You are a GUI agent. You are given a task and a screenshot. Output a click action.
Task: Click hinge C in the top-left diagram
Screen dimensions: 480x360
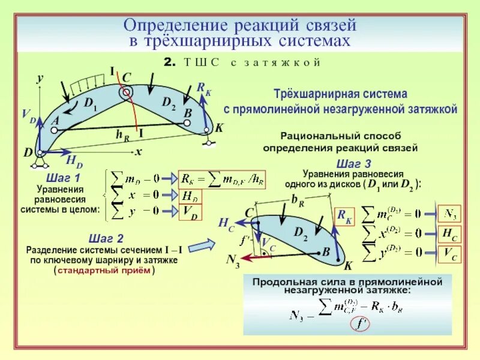(126, 92)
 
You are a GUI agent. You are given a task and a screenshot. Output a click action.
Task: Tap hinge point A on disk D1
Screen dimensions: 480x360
(61, 127)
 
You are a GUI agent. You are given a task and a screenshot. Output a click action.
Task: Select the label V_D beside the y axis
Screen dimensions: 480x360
(28, 116)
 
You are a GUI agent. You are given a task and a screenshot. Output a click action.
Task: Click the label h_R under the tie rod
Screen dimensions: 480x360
(122, 134)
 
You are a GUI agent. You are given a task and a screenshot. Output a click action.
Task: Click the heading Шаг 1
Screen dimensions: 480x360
(62, 179)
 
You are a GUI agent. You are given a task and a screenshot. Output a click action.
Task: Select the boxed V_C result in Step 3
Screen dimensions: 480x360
(449, 254)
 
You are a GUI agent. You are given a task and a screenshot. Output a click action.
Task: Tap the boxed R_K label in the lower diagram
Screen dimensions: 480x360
(345, 217)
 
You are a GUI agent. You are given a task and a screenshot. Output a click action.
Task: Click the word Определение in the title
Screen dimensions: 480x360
(166, 26)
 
